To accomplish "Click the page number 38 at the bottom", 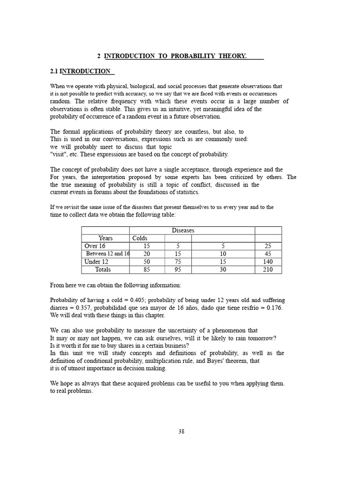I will [181, 432].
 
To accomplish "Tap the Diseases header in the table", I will [183, 231].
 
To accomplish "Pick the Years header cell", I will [105, 238].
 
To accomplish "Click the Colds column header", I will [140, 238].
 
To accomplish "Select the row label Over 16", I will [95, 246].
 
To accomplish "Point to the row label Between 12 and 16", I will [108, 254].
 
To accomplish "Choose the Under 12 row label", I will [96, 262].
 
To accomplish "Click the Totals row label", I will [103, 270].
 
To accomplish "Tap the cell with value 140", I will [268, 262].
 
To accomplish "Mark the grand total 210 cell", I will [268, 270].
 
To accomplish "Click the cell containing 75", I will [178, 262].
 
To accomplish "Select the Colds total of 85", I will [147, 270].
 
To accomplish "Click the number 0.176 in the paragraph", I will [274, 307].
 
